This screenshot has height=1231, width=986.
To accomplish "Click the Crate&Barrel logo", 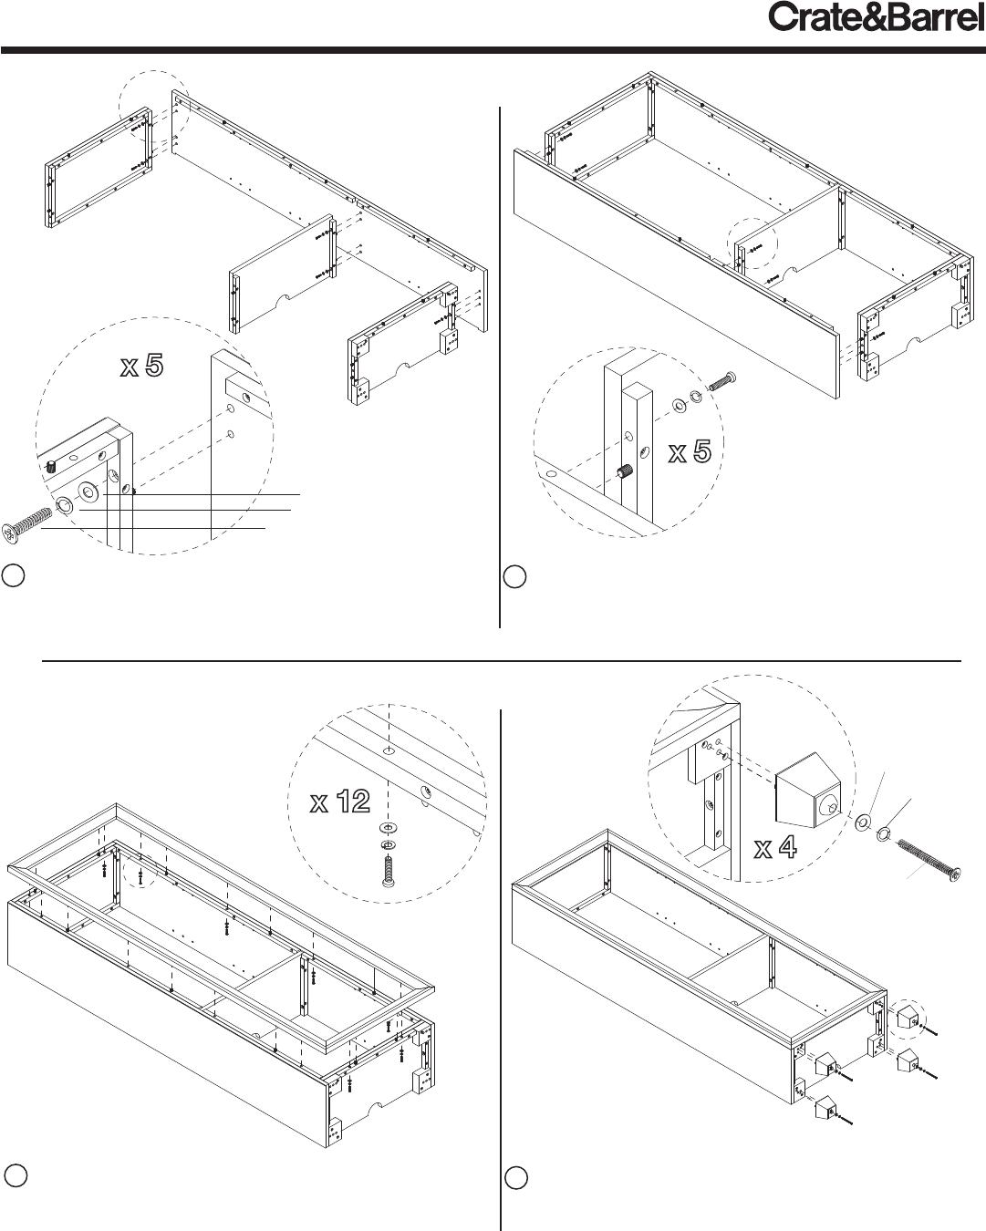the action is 877,17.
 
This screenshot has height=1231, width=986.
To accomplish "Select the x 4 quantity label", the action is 775,847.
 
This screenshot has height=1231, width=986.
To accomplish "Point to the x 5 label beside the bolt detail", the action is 690,452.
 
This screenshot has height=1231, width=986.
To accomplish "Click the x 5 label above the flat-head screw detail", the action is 142,365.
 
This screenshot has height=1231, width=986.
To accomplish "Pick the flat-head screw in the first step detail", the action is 27,522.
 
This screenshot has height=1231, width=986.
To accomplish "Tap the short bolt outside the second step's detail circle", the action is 722,381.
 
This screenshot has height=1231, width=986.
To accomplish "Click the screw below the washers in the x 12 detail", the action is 389,872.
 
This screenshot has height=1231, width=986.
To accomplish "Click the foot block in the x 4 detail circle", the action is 808,790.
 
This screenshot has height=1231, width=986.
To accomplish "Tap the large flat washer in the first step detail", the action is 88,491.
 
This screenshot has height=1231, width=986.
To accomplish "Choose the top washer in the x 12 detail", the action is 389,828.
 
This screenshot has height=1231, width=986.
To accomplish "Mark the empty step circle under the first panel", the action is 13,576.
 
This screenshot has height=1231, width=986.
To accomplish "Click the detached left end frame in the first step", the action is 99,168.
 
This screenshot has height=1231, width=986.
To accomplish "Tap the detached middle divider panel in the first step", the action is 282,274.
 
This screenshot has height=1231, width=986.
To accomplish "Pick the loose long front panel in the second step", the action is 677,274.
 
